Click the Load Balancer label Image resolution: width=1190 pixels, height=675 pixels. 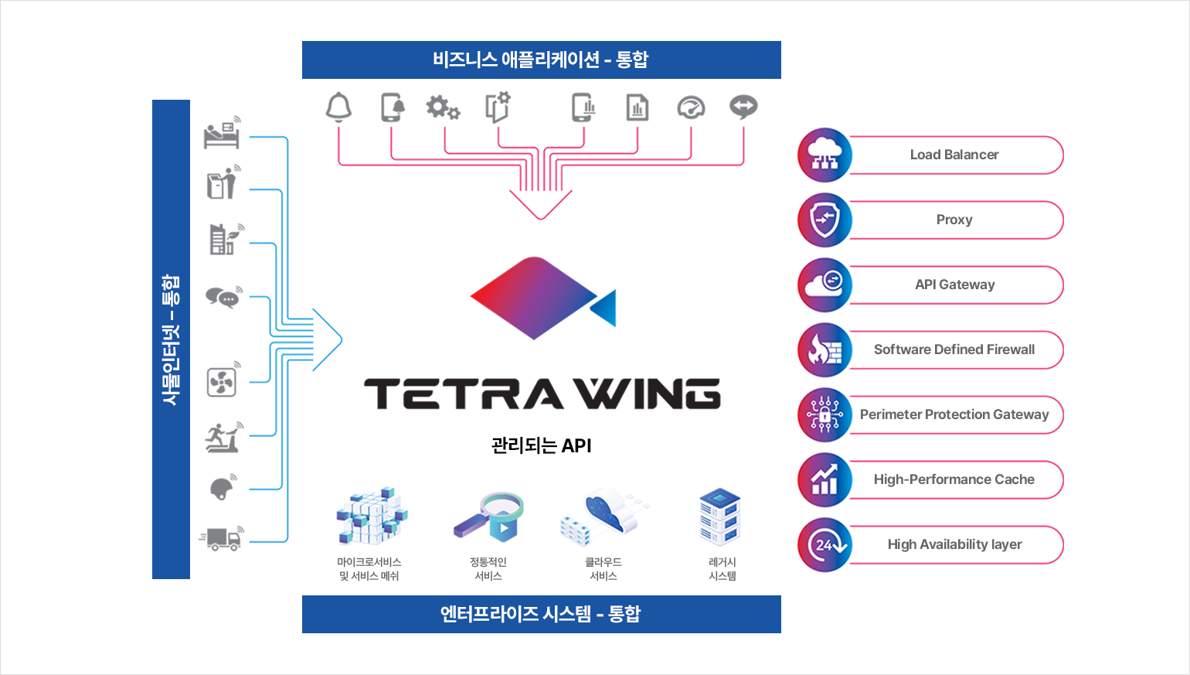coord(954,155)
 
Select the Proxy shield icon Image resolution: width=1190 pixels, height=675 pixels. coord(824,220)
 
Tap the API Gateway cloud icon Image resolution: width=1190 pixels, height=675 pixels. coord(824,285)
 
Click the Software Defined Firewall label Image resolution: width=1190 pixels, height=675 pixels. coord(954,349)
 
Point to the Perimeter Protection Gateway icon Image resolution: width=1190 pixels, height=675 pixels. coord(824,414)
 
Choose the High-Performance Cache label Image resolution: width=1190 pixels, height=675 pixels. coord(954,479)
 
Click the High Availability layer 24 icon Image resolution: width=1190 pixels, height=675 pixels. coord(824,544)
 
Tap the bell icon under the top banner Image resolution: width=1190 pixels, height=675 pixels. coord(338,107)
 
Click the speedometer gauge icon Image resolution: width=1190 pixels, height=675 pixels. coord(691,107)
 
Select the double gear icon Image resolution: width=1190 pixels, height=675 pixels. coord(443,107)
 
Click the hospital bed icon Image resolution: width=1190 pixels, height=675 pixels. coord(223,133)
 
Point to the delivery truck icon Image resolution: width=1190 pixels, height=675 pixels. coord(223,537)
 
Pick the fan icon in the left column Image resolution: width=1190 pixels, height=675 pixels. coord(222,381)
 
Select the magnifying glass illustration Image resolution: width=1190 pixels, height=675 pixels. coord(488,516)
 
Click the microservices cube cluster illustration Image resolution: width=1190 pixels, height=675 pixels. coord(372,516)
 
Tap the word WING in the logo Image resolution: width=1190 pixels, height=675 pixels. coord(651,394)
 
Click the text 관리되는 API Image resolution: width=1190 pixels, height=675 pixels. coord(541,445)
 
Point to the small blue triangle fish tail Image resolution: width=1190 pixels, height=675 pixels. coord(605,309)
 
